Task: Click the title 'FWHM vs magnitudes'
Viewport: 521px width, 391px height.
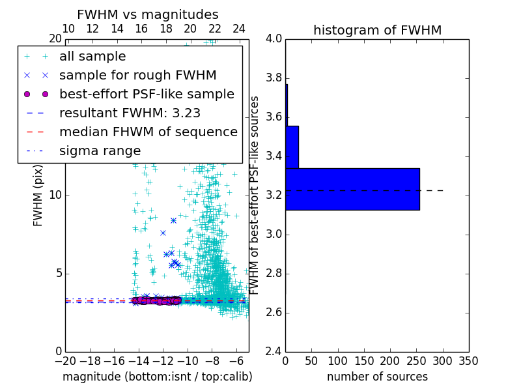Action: (x=148, y=14)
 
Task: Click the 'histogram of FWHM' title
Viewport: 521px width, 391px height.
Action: (x=377, y=30)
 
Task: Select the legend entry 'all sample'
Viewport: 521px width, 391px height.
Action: (x=92, y=57)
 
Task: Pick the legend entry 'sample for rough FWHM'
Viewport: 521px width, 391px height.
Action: (x=137, y=75)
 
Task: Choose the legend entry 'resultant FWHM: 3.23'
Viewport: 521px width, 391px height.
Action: (x=130, y=113)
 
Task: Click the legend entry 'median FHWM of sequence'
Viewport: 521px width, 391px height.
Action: (x=148, y=132)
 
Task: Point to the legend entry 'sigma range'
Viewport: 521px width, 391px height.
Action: (x=100, y=151)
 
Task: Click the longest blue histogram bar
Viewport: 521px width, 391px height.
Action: (x=352, y=189)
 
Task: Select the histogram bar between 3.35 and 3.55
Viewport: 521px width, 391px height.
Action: (x=292, y=147)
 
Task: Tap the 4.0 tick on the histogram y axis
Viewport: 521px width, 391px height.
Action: (x=274, y=39)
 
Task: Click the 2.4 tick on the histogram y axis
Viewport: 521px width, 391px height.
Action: (x=274, y=351)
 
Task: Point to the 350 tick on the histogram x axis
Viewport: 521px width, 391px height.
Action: (x=468, y=361)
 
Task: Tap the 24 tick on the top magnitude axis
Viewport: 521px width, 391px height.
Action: (x=239, y=29)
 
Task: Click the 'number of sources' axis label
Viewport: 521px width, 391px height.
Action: (x=377, y=377)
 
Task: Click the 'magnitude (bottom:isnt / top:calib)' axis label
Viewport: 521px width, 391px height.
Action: (x=157, y=377)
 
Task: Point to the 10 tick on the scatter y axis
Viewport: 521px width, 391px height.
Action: (x=55, y=195)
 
